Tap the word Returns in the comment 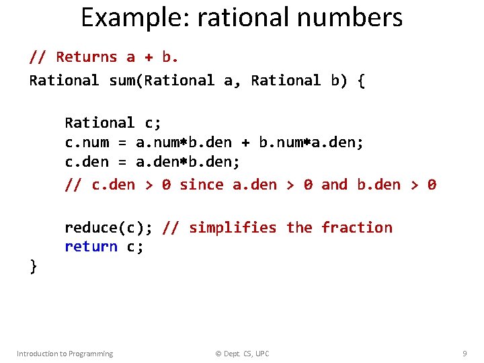pyautogui.click(x=86, y=57)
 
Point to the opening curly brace pyautogui.click(x=361, y=81)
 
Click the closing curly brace pyautogui.click(x=33, y=267)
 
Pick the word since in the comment pyautogui.click(x=202, y=184)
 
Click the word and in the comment pyautogui.click(x=334, y=184)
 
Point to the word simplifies pyautogui.click(x=233, y=228)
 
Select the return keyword pyautogui.click(x=91, y=247)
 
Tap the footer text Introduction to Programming pyautogui.click(x=65, y=354)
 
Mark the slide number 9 pyautogui.click(x=465, y=354)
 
